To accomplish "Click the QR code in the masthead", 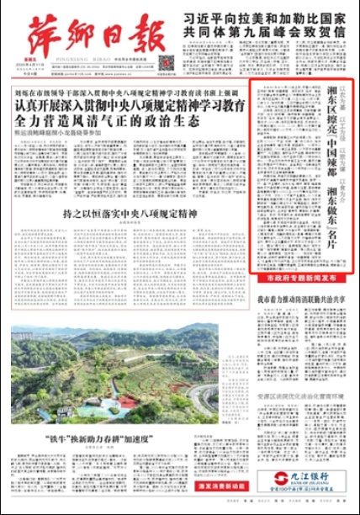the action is click(166, 63).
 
